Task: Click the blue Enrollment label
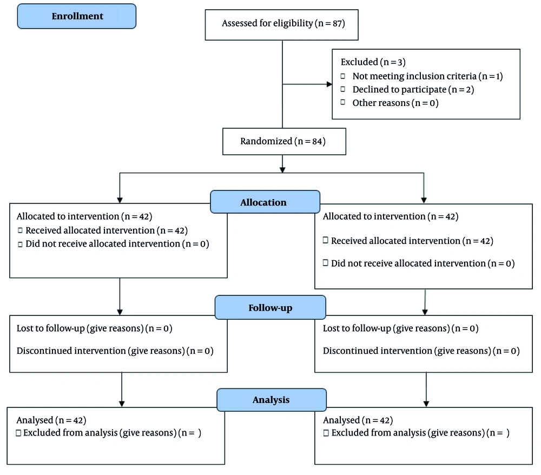[77, 16]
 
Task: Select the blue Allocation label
[265, 202]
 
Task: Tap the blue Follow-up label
[270, 307]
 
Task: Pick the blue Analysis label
[272, 400]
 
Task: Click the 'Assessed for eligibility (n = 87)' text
[283, 23]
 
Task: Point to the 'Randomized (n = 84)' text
[283, 141]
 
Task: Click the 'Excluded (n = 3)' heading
[373, 62]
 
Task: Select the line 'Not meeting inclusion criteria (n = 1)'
[427, 76]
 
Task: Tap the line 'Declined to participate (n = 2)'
[413, 90]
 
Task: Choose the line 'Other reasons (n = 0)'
[395, 103]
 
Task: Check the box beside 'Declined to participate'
[342, 89]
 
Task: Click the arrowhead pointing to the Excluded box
[329, 84]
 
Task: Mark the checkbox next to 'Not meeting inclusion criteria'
[342, 76]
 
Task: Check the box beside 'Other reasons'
[342, 102]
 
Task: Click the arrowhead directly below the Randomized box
[282, 170]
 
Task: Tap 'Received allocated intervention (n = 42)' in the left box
[107, 230]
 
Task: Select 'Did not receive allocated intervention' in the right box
[423, 263]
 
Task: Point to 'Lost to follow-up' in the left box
[51, 328]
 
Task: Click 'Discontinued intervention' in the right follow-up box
[378, 351]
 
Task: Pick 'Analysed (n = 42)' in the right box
[358, 420]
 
